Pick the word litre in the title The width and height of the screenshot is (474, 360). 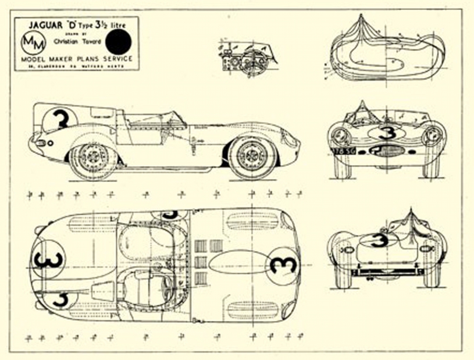(x=124, y=26)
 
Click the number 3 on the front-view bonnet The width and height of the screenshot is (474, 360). (x=386, y=132)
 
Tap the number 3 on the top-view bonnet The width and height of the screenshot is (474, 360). (x=284, y=265)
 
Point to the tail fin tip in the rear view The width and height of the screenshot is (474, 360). (x=410, y=211)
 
